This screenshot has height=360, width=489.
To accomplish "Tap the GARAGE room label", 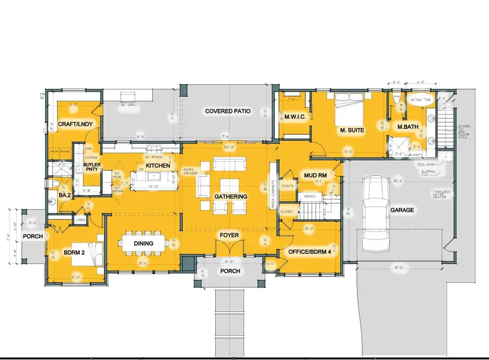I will coord(402,210).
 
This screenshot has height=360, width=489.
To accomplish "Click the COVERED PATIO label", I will coord(228,111).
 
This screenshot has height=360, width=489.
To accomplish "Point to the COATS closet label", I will coord(287,186).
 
